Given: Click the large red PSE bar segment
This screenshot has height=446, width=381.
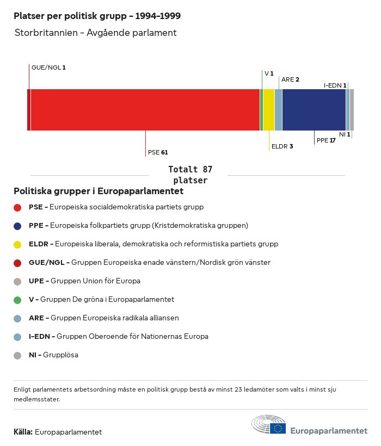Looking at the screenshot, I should [145, 110].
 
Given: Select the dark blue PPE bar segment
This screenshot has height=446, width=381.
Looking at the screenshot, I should [314, 110].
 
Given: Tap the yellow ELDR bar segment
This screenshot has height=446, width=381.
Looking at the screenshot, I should [268, 110].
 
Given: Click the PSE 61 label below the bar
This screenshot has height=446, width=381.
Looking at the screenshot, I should [158, 152].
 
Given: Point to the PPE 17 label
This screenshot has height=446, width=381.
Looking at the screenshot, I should [326, 140].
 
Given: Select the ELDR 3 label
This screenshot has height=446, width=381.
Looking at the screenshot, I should [282, 146].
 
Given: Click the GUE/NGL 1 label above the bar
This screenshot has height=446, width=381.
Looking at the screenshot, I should [48, 67].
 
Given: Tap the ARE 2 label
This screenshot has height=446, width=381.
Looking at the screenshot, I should [290, 79].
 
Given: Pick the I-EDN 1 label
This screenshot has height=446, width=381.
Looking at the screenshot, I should [335, 85].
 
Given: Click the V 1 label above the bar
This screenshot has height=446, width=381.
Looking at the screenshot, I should [269, 73].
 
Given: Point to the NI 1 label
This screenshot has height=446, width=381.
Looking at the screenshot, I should [345, 134].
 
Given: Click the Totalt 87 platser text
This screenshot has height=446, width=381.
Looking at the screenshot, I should [190, 175].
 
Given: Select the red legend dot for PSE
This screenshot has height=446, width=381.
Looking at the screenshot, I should [17, 207].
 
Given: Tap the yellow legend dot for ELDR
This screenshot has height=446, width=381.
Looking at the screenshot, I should [17, 244].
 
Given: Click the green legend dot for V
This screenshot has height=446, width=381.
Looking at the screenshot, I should [17, 300].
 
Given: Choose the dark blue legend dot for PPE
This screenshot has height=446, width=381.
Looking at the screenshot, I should [17, 226].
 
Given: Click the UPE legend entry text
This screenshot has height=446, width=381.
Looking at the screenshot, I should [84, 281].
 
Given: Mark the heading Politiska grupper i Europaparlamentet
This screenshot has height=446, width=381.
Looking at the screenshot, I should [99, 191].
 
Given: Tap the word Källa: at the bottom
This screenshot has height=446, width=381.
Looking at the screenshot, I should [23, 432].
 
